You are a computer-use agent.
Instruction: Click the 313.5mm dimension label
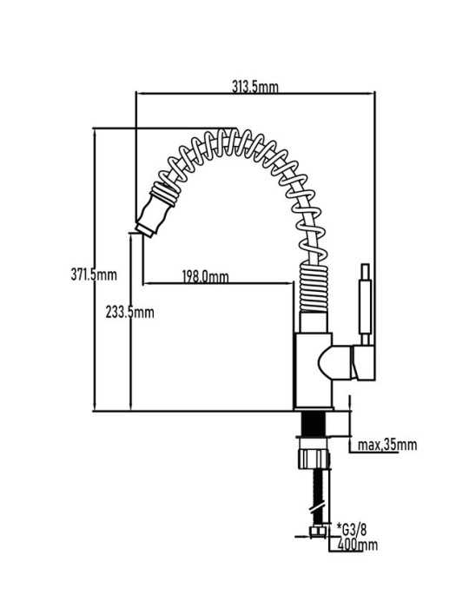click(x=255, y=87)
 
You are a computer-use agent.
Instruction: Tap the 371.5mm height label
click(x=94, y=274)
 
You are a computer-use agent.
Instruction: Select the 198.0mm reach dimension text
click(x=206, y=277)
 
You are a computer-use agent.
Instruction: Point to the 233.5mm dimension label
click(x=130, y=312)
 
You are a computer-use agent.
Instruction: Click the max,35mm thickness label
click(x=387, y=445)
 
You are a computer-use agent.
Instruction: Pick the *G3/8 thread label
click(x=352, y=529)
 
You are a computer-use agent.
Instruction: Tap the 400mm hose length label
click(x=357, y=545)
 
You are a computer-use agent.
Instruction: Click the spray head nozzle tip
click(x=144, y=229)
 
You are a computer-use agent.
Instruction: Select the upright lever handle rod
click(x=365, y=303)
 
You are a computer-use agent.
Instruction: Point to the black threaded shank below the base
click(x=314, y=424)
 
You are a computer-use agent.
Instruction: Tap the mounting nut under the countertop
click(x=314, y=459)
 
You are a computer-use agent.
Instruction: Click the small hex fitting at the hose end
click(x=318, y=532)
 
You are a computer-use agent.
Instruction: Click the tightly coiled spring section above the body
click(x=314, y=287)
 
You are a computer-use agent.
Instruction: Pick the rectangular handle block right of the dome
click(x=363, y=362)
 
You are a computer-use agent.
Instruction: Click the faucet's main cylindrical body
click(x=313, y=370)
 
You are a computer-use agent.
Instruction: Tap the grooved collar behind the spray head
click(x=164, y=193)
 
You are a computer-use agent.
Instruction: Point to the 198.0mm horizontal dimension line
click(x=218, y=283)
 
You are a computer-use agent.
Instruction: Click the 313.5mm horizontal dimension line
click(x=255, y=93)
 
